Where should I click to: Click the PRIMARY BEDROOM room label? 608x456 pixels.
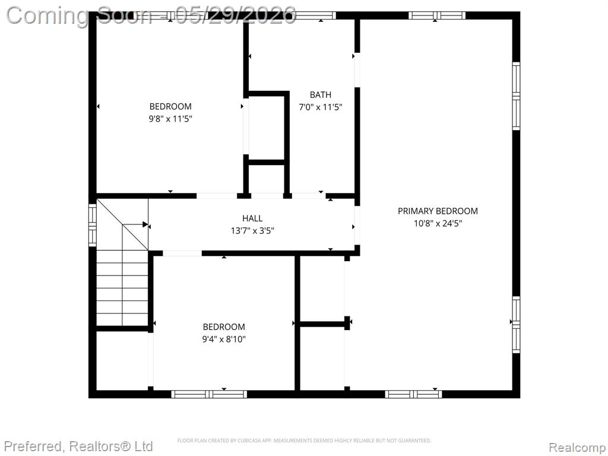click(438, 211)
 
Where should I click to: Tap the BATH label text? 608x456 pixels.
click(320, 94)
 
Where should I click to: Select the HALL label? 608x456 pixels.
click(252, 218)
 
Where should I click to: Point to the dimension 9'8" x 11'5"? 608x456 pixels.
click(170, 119)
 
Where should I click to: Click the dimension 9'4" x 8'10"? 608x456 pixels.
click(224, 339)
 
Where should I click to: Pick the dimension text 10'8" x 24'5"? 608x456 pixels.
click(438, 223)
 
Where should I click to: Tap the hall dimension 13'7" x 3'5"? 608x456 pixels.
click(252, 231)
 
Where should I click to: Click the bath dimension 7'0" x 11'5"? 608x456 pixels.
click(320, 107)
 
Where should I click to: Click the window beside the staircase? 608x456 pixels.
click(93, 225)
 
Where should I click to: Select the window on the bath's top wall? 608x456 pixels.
click(315, 15)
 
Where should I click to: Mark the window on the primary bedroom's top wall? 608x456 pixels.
click(436, 15)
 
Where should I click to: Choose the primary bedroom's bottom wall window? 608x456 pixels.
click(413, 394)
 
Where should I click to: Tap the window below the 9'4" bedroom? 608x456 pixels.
click(209, 394)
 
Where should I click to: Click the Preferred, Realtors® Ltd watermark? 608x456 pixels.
click(79, 446)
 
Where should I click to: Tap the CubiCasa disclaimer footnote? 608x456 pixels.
click(305, 441)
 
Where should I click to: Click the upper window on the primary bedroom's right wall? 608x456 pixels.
click(516, 96)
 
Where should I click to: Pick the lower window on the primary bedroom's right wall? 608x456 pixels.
click(516, 325)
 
